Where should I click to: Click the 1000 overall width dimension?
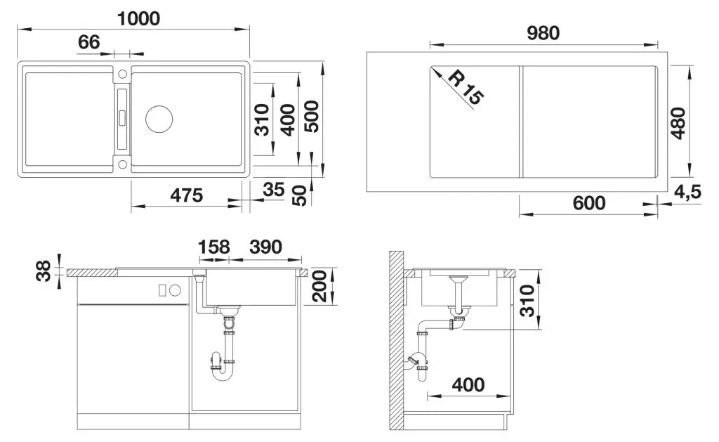138,19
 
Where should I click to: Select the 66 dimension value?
88,42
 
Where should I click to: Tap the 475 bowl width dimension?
186,195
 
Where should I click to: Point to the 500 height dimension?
312,117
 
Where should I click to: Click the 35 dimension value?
274,189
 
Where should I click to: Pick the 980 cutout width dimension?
543,33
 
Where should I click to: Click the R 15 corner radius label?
465,86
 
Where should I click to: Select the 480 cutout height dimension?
678,123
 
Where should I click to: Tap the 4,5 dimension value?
687,191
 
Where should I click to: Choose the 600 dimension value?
589,203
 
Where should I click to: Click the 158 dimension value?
213,247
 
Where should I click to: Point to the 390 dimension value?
265,247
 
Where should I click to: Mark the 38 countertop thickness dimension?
44,271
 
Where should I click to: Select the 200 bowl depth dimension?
319,287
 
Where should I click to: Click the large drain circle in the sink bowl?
159,119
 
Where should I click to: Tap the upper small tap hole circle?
122,74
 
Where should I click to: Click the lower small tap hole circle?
122,164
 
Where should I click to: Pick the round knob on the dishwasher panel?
175,290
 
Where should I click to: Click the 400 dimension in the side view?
468,384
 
